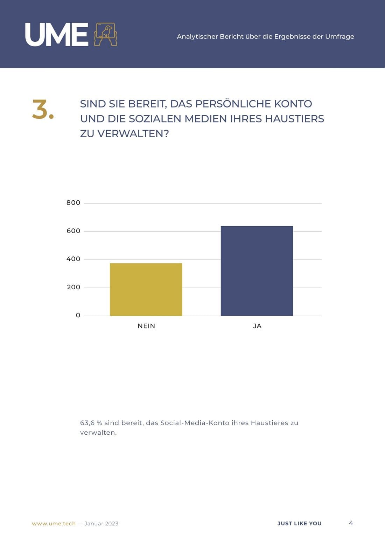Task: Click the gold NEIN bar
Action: tap(146, 289)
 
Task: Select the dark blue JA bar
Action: tap(257, 271)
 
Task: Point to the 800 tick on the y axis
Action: tap(73, 203)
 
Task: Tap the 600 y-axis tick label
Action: tap(73, 231)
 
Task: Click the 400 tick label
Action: tap(73, 259)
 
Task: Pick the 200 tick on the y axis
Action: tap(73, 287)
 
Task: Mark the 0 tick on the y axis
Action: tap(78, 315)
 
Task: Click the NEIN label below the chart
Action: tap(146, 326)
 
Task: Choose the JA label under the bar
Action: tap(257, 326)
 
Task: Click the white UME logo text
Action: tap(57, 34)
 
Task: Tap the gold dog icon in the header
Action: tap(105, 34)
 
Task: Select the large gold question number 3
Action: tap(43, 110)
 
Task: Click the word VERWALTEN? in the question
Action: tap(133, 134)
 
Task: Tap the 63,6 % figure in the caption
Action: tap(91, 423)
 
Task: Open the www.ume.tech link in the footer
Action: tap(54, 524)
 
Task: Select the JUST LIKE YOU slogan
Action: tap(299, 524)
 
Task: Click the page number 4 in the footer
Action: tap(351, 523)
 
